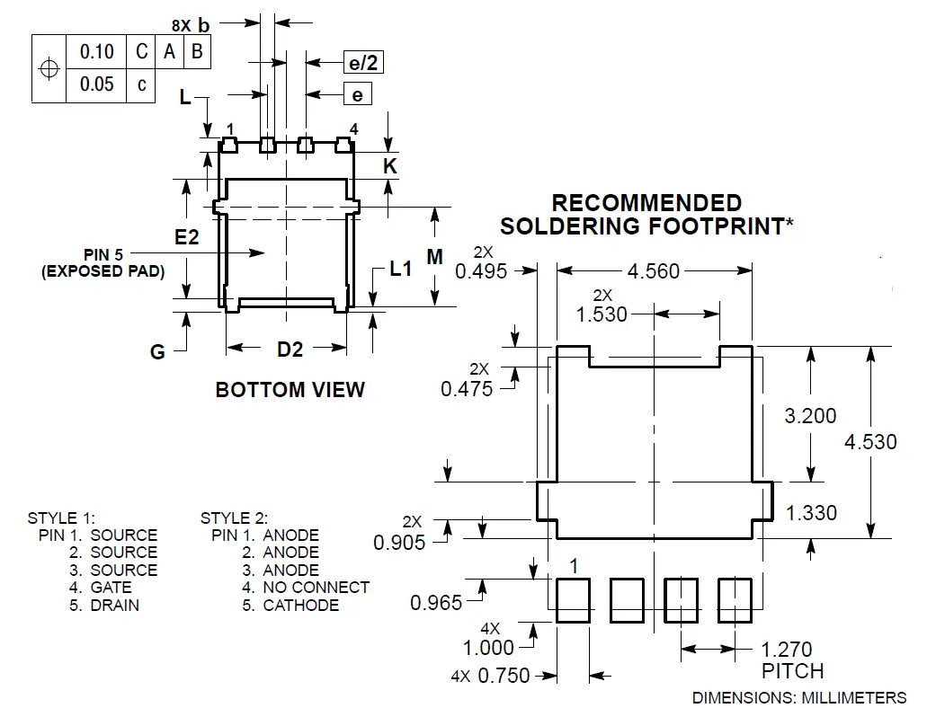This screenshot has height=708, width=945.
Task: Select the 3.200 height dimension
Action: click(x=810, y=416)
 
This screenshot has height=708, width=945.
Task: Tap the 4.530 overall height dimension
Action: click(x=871, y=442)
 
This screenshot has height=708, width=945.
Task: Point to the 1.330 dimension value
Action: click(x=811, y=513)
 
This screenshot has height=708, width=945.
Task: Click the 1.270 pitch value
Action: click(x=787, y=650)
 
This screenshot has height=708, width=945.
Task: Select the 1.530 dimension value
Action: click(x=602, y=314)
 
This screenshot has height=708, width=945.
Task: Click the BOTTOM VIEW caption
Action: click(x=290, y=390)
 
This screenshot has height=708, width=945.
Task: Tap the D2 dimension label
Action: click(x=290, y=350)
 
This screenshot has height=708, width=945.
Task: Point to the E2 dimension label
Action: click(x=186, y=237)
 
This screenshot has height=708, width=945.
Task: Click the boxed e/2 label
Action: click(x=363, y=62)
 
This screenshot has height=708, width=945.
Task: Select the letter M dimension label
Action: click(x=435, y=258)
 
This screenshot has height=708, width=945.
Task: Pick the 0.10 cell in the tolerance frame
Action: click(x=97, y=52)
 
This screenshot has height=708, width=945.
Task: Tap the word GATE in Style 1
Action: click(x=111, y=588)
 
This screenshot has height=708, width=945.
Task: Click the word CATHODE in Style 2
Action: click(x=300, y=606)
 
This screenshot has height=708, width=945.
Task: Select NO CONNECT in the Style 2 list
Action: click(x=316, y=588)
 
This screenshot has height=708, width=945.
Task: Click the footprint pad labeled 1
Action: click(x=573, y=601)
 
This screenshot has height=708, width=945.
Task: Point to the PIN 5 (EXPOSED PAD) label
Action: click(x=103, y=263)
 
